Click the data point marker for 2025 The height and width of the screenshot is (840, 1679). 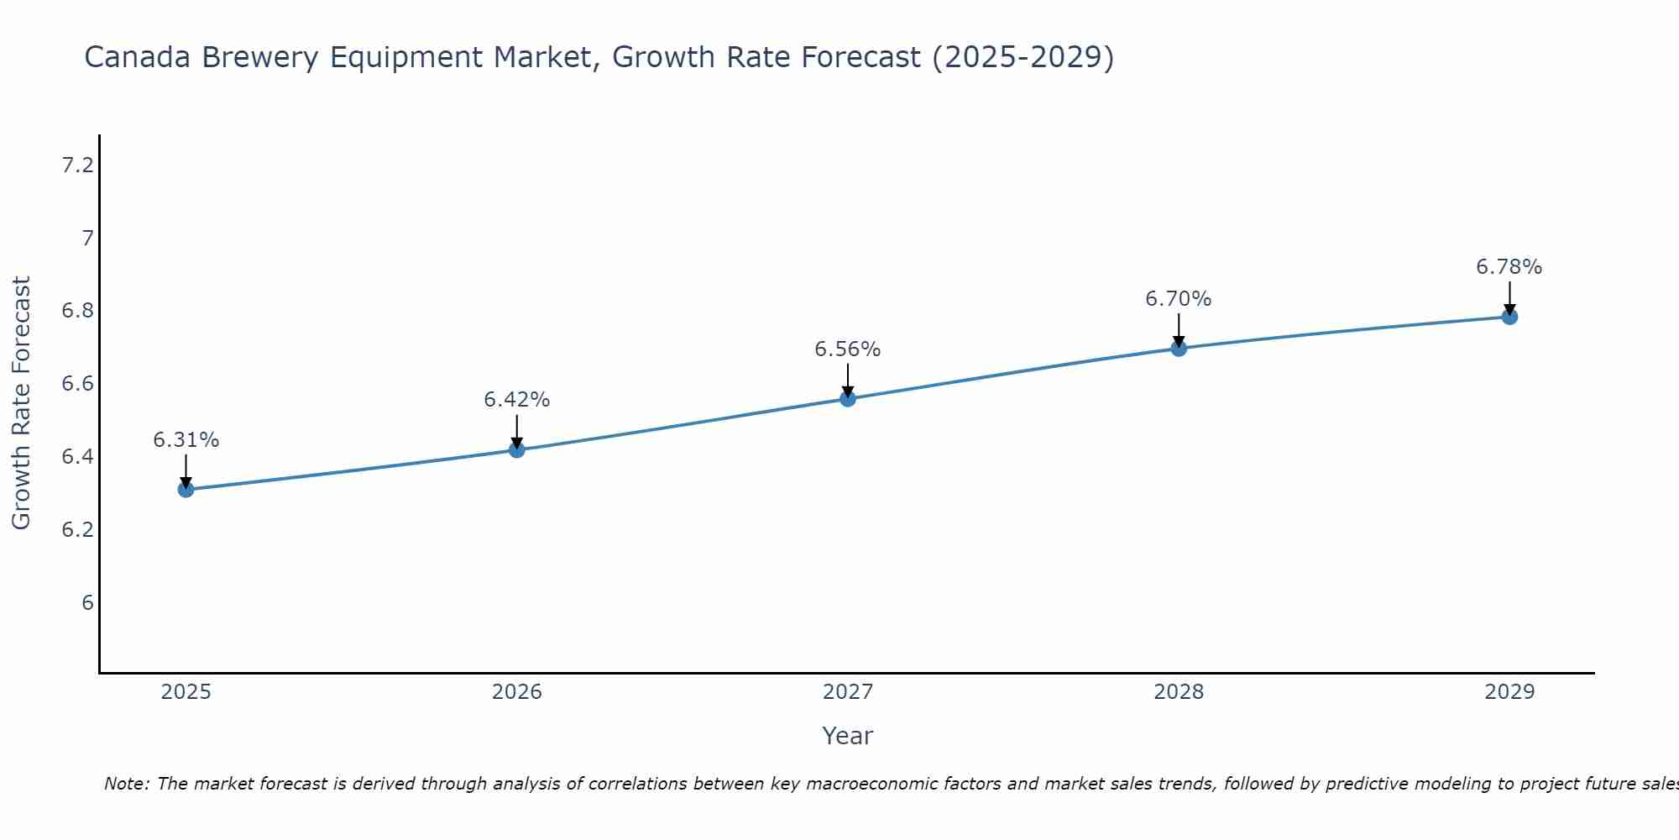point(186,490)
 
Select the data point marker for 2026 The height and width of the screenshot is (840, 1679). point(516,450)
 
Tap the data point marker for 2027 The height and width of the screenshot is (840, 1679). point(848,399)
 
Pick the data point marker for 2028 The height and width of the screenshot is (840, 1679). point(1179,349)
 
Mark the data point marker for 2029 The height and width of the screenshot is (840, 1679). point(1509,317)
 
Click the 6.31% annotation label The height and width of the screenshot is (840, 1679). point(186,440)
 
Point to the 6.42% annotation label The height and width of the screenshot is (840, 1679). point(516,400)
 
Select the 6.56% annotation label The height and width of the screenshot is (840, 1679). point(848,349)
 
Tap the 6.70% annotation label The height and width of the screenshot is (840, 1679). point(1179,299)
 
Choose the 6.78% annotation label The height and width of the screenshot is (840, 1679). point(1509,267)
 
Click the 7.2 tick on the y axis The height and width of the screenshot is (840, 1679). point(77,165)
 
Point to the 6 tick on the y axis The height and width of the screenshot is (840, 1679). point(87,603)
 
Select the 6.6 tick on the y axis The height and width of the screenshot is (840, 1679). point(77,385)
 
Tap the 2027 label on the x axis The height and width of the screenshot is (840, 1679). point(848,692)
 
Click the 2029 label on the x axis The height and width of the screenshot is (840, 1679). point(1509,692)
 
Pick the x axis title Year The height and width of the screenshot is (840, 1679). point(848,736)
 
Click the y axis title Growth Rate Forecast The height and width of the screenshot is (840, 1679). point(21,403)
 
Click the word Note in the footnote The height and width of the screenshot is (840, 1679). point(126,784)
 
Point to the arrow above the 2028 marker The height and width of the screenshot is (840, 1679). point(1179,330)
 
